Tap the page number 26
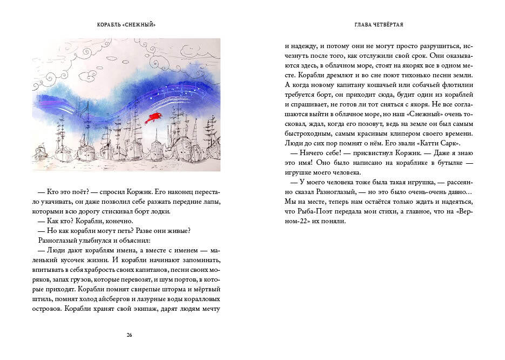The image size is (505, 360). pos(129,335)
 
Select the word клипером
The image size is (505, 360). pos(391,134)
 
